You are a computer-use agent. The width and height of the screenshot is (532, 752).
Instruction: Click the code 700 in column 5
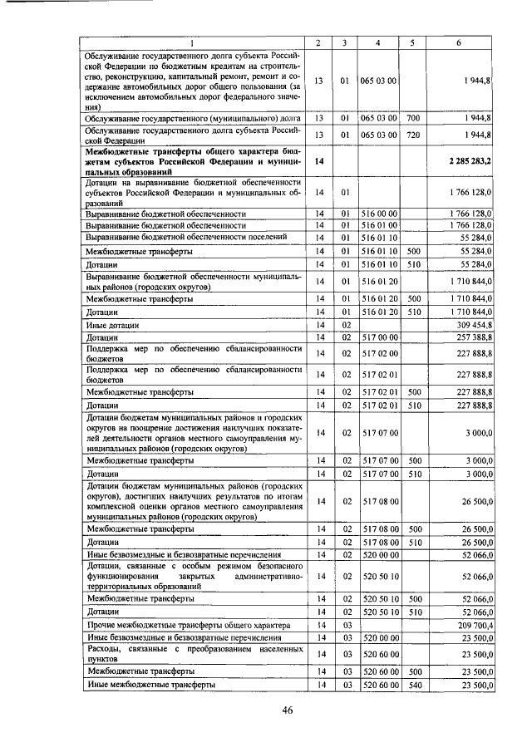(x=414, y=119)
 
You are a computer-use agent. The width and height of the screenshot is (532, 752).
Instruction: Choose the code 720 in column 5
(x=414, y=134)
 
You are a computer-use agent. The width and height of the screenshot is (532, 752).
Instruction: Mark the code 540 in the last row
(x=414, y=685)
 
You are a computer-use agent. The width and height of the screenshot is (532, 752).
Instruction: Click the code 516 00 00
(x=378, y=214)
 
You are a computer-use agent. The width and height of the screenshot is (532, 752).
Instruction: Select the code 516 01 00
(x=378, y=225)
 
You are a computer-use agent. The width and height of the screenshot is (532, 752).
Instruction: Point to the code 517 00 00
(x=378, y=338)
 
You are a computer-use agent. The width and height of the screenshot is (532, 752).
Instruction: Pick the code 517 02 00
(x=378, y=354)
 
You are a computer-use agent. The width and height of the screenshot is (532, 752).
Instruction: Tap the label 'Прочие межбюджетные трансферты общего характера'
(x=188, y=624)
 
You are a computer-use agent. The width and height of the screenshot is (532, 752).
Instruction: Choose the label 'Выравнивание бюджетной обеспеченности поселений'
(x=186, y=237)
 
